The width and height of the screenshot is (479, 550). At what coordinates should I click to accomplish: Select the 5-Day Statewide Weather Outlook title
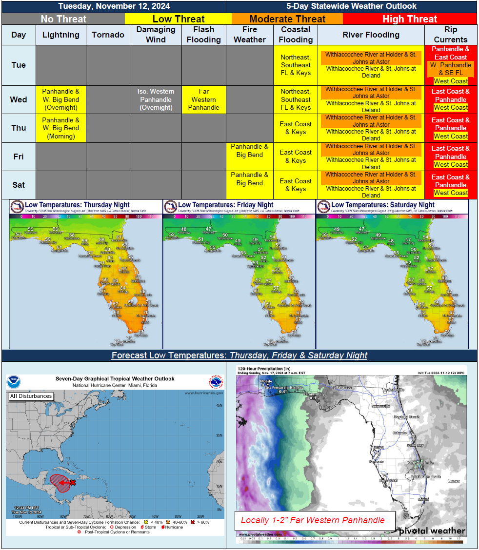tap(351, 6)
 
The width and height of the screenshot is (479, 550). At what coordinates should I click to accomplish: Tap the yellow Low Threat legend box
tap(179, 19)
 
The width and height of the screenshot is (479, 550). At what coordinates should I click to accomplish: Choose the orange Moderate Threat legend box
tap(287, 19)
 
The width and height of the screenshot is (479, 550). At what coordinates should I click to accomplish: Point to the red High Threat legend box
tap(410, 19)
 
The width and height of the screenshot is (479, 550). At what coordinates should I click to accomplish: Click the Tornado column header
tap(108, 35)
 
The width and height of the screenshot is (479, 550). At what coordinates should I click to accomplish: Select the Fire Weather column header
tap(250, 35)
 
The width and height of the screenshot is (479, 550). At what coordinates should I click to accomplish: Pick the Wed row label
tap(19, 99)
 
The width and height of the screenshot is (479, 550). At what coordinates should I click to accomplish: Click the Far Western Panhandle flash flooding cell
tap(203, 99)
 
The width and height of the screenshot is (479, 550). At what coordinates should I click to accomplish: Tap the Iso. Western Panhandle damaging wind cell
tap(156, 99)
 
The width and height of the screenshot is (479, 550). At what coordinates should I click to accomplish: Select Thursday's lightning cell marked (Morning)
tap(60, 128)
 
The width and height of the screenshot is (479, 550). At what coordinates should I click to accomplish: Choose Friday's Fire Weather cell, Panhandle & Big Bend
tap(250, 151)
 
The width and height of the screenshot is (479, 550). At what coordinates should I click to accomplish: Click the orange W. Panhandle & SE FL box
tap(451, 69)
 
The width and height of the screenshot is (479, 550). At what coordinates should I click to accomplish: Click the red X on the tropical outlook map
tap(72, 482)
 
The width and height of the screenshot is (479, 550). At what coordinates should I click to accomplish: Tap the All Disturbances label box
tap(31, 396)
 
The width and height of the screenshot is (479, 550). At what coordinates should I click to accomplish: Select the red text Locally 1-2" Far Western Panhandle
tap(313, 520)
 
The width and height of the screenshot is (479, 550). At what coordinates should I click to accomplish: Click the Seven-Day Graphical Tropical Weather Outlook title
tap(115, 379)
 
